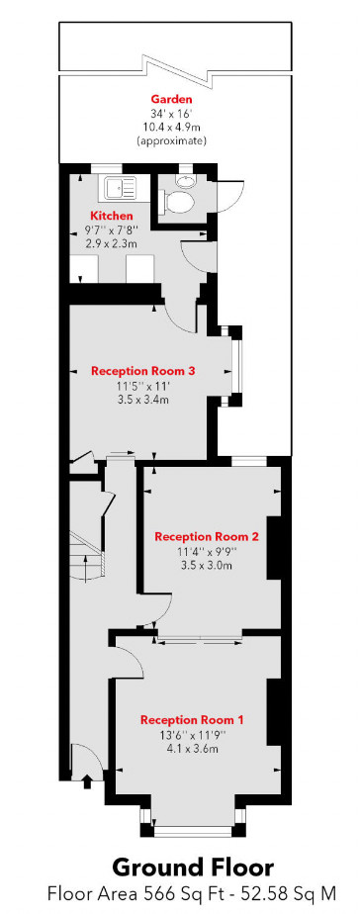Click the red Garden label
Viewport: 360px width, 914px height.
point(170,100)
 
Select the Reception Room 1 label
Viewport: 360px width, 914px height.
point(192,719)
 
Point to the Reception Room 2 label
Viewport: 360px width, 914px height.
point(207,537)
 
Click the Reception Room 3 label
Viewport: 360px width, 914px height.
point(143,371)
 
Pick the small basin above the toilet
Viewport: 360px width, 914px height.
point(186,180)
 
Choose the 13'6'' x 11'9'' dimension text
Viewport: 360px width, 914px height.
point(192,735)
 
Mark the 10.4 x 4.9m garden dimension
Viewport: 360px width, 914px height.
point(170,128)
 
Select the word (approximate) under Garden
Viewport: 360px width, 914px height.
point(170,141)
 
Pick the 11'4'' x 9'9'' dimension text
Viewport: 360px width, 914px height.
point(207,552)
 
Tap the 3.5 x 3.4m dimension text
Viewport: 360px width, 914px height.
point(143,401)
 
